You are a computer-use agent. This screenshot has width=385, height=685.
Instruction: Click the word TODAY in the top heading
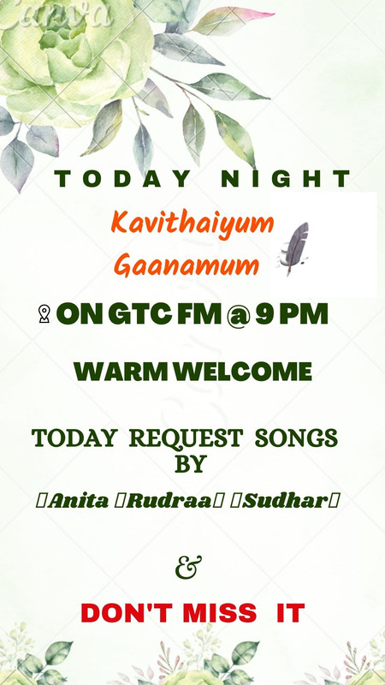(x=122, y=179)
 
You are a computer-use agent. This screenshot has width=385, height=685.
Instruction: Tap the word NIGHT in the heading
(x=286, y=179)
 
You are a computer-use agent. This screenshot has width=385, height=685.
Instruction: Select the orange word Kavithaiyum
(x=192, y=224)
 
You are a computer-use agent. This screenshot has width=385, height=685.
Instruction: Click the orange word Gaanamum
(x=187, y=265)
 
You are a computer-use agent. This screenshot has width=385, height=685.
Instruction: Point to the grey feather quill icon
(x=294, y=248)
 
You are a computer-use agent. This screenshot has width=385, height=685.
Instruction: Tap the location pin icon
(x=44, y=314)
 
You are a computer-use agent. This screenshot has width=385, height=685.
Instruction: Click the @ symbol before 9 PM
(x=238, y=315)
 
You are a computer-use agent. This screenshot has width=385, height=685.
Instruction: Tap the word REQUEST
(x=186, y=438)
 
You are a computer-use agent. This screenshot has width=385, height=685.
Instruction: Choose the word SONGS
(x=296, y=438)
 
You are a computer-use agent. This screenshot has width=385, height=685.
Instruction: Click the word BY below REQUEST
(x=190, y=464)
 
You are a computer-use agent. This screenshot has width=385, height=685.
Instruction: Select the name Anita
(x=78, y=501)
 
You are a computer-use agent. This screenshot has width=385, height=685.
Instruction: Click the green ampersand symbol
(x=188, y=567)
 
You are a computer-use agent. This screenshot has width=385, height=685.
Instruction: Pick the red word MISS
(x=220, y=613)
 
